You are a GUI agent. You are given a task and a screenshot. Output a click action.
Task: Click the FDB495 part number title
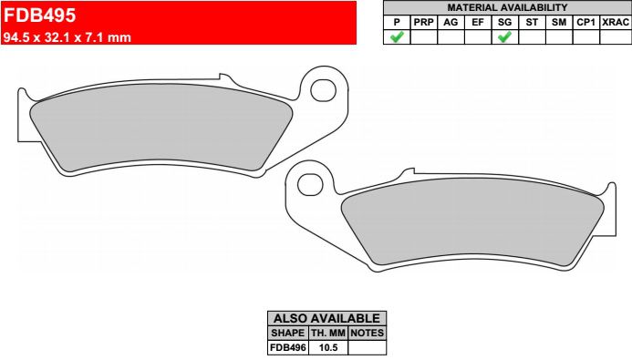(x=39, y=15)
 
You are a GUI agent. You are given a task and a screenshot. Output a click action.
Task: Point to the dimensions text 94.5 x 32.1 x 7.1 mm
(x=67, y=37)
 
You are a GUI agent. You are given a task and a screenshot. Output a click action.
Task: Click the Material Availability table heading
(x=507, y=7)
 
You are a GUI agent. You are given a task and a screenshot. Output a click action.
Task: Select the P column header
(x=397, y=23)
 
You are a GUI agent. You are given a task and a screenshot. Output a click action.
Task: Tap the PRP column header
(x=424, y=23)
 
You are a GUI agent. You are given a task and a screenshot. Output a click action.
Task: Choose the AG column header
(x=451, y=23)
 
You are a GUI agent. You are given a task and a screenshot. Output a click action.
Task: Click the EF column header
(x=478, y=23)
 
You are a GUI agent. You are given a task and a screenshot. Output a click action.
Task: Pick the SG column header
(x=504, y=23)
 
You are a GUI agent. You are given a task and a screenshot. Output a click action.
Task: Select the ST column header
(x=532, y=23)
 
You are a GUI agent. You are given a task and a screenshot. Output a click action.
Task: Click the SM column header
(x=559, y=23)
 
